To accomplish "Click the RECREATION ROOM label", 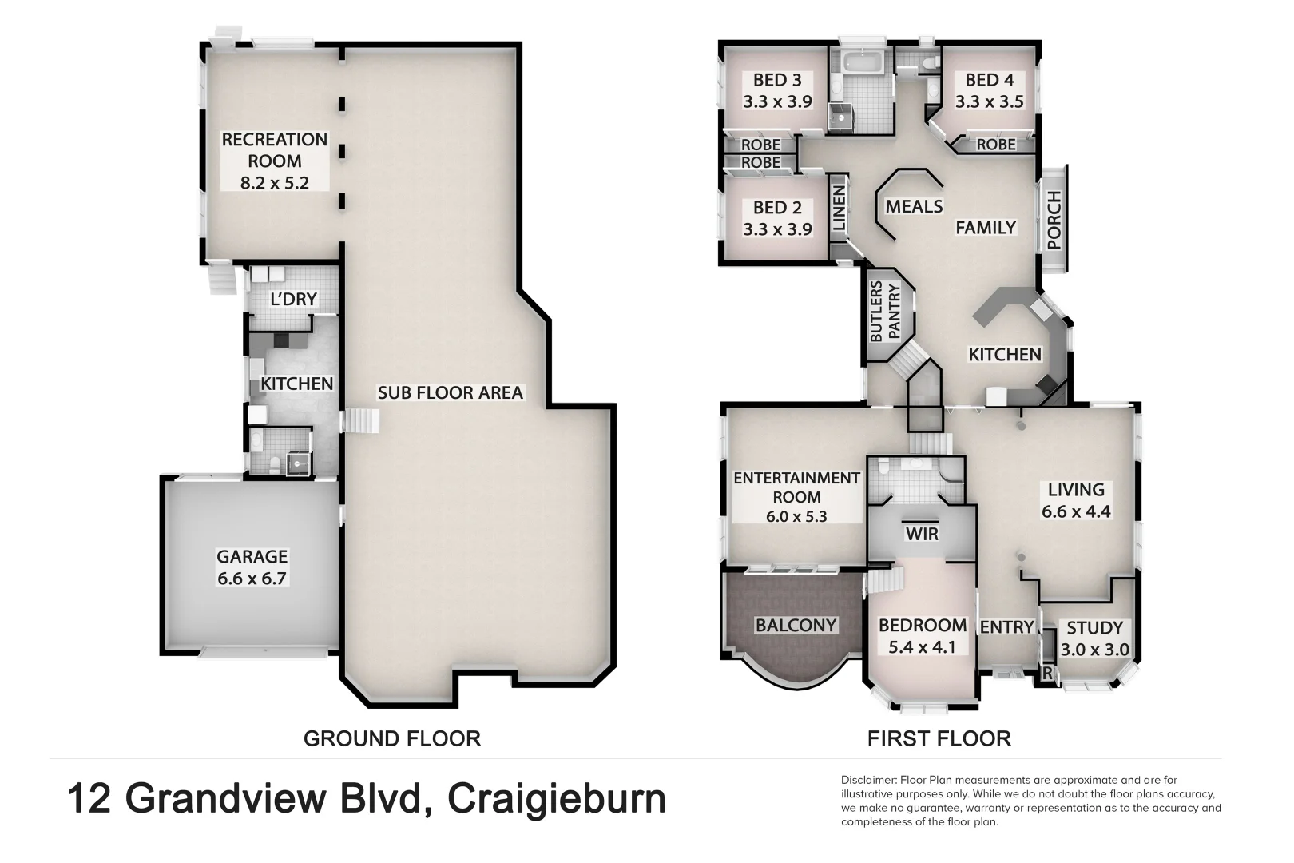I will (274, 161).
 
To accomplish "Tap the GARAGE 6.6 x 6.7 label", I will (252, 567).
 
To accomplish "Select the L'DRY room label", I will (293, 299).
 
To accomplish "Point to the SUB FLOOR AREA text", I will (450, 392).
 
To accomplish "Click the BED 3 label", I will (777, 90).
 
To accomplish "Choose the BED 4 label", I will (989, 90).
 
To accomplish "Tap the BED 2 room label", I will (777, 218).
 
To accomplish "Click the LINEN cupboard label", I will (839, 209).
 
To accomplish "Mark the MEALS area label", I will (914, 206).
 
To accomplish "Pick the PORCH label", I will (1054, 221).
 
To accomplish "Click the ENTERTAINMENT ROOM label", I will (796, 496).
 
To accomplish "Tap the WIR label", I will (921, 533).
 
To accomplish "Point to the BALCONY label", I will (796, 625).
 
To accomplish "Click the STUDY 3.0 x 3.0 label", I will (1094, 638).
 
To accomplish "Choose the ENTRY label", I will (1006, 627).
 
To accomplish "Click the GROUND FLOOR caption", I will (392, 738).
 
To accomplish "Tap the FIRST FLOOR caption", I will (939, 738).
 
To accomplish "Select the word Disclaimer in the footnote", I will (868, 780).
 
